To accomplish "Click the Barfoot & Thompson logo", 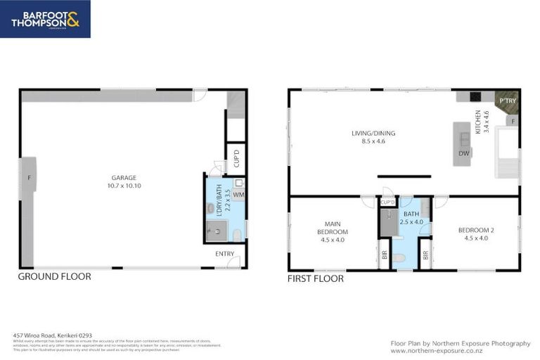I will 45,18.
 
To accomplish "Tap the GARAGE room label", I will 123,178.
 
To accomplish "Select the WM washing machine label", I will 238,194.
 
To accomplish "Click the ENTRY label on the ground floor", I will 225,254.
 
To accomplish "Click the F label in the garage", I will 28,178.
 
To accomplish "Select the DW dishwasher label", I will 463,153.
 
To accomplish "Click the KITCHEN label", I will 478,122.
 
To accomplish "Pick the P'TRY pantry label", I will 506,101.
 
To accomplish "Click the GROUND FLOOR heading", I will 54,277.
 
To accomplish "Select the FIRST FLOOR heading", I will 316,278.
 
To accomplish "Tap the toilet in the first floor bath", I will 400,259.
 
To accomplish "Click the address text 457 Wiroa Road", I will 53,336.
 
